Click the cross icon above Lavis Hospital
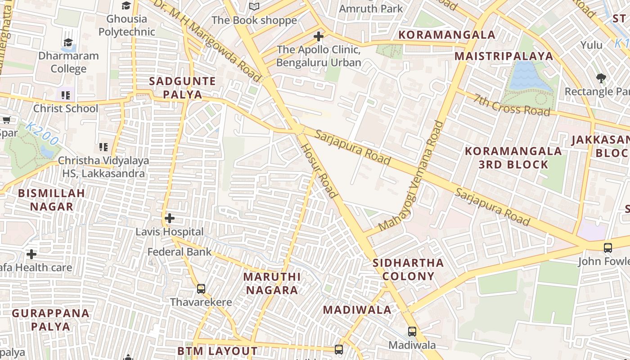pyautogui.click(x=169, y=218)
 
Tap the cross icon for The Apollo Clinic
pyautogui.click(x=319, y=36)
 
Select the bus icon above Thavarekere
pyautogui.click(x=201, y=288)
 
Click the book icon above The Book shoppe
pyautogui.click(x=254, y=6)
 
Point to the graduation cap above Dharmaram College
pyautogui.click(x=68, y=43)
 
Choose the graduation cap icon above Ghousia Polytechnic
pyautogui.click(x=126, y=5)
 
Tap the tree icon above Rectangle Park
pyautogui.click(x=601, y=78)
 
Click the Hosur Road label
pyautogui.click(x=319, y=171)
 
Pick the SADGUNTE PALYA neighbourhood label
pyautogui.click(x=182, y=88)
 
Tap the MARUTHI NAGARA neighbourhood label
pyautogui.click(x=272, y=283)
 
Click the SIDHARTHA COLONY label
pyautogui.click(x=409, y=269)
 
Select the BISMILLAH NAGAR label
pyautogui.click(x=51, y=200)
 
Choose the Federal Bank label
pyautogui.click(x=180, y=252)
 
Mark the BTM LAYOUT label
pyautogui.click(x=217, y=351)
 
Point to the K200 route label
pyautogui.click(x=41, y=134)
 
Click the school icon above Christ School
pyautogui.click(x=66, y=95)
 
